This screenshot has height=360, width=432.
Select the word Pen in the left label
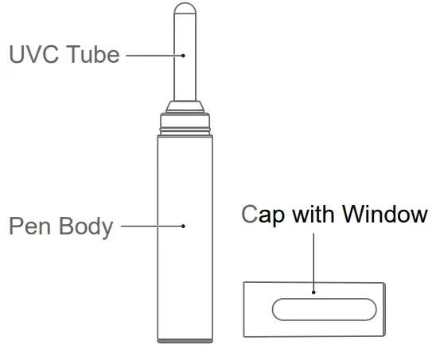pyautogui.click(x=33, y=226)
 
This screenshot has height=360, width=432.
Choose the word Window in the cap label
pyautogui.click(x=386, y=215)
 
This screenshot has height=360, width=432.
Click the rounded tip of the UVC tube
pyautogui.click(x=185, y=11)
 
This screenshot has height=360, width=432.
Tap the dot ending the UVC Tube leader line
pyautogui.click(x=184, y=55)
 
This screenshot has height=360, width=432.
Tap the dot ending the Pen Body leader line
pyautogui.click(x=184, y=226)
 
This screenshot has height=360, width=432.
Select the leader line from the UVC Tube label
pyautogui.click(x=154, y=55)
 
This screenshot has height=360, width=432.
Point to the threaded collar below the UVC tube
pyautogui.click(x=185, y=121)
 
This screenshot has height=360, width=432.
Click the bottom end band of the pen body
pyautogui.click(x=185, y=341)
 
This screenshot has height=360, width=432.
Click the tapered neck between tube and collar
pyautogui.click(x=185, y=105)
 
